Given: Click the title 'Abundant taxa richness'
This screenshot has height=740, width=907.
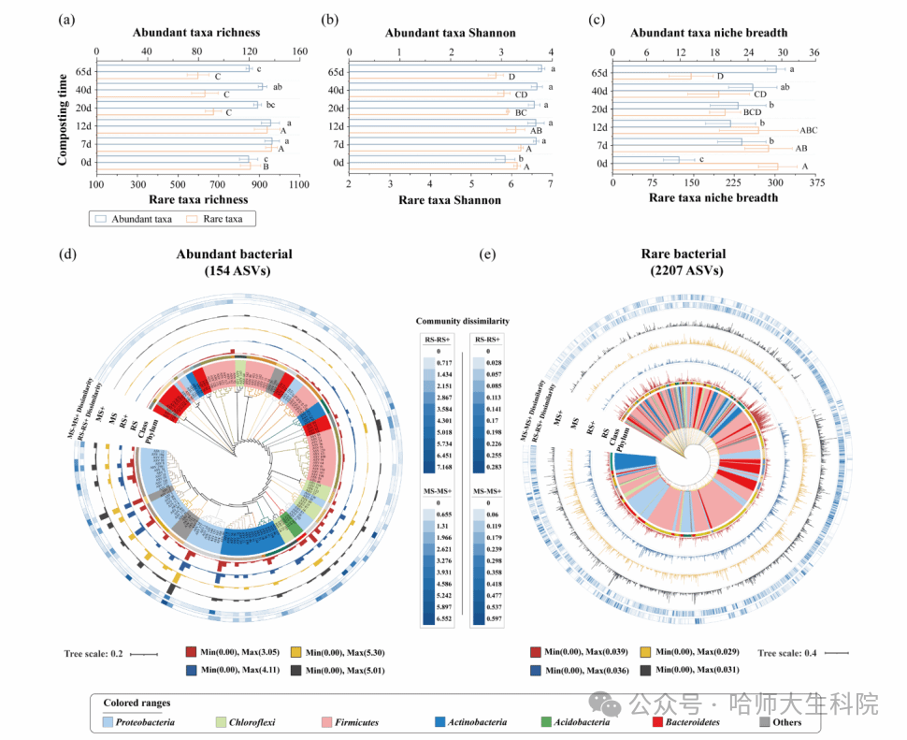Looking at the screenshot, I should click(196, 33).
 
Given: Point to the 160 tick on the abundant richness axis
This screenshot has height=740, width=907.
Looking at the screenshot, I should click(298, 51).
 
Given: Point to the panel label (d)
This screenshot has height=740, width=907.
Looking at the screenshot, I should click(66, 254).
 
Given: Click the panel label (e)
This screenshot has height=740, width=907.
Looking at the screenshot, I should click(487, 254).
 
